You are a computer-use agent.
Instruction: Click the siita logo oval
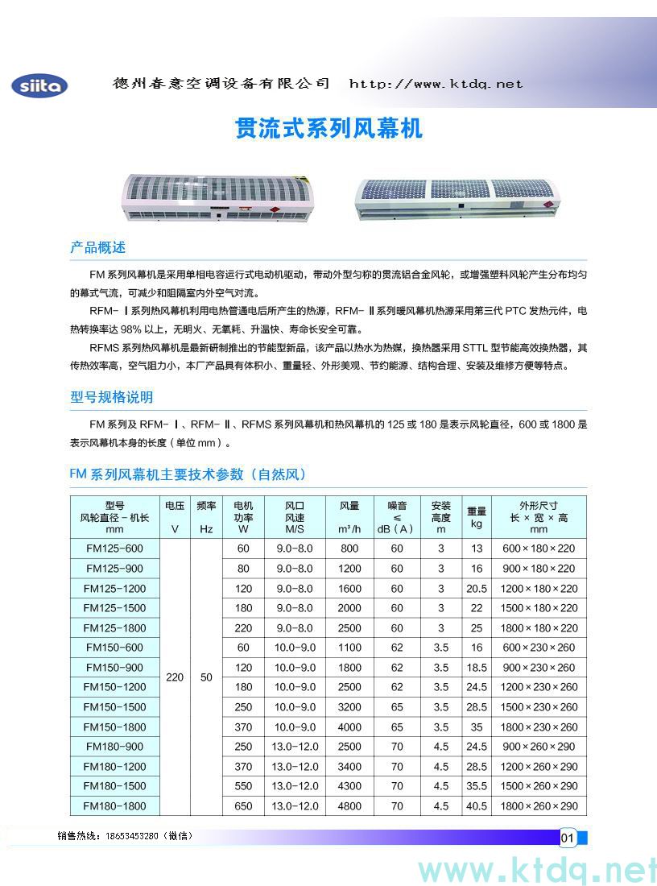point(39,86)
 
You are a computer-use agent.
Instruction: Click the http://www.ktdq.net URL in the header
point(436,84)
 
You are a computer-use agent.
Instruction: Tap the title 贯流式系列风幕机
point(328,129)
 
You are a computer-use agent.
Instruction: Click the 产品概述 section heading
point(98,247)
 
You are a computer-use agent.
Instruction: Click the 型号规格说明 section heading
point(111,397)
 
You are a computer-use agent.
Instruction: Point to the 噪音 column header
point(397,517)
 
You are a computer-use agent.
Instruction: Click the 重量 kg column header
point(477,517)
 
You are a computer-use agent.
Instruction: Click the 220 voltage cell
point(175,677)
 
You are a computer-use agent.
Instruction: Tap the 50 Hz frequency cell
point(206,677)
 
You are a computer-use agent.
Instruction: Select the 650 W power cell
point(243,806)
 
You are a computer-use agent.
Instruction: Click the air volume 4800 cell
point(349,806)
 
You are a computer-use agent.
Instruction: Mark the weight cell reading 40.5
point(477,806)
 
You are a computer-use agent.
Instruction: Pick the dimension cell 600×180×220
point(539,549)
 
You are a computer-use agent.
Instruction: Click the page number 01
point(566,838)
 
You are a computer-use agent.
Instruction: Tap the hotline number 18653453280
point(133,836)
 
